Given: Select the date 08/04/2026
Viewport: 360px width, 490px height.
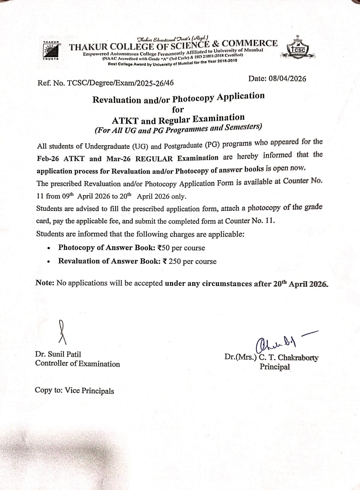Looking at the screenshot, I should tap(287, 79).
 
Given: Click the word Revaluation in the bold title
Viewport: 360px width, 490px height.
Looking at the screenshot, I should tap(116, 100).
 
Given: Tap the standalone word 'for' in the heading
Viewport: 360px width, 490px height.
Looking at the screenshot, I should tap(178, 109).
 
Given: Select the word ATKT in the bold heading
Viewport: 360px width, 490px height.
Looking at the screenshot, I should tap(125, 121).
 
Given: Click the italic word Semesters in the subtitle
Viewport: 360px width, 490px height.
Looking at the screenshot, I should tap(243, 127).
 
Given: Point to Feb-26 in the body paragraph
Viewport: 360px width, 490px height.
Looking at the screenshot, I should tap(48, 159).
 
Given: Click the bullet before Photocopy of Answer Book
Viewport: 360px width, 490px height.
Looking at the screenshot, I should tap(49, 248).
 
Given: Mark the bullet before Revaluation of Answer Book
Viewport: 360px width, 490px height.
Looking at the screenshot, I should tap(49, 262).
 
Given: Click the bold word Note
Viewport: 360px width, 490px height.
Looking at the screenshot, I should tap(45, 283).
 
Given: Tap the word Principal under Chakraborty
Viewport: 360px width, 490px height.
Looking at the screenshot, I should tap(275, 367).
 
